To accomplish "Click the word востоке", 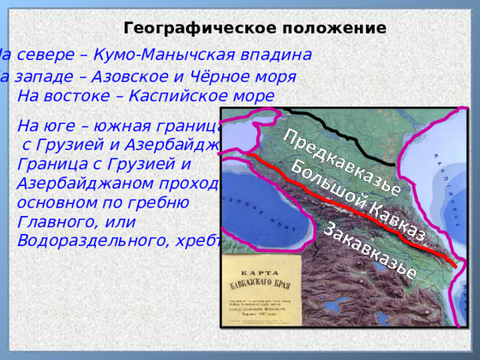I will [x=82, y=97].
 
